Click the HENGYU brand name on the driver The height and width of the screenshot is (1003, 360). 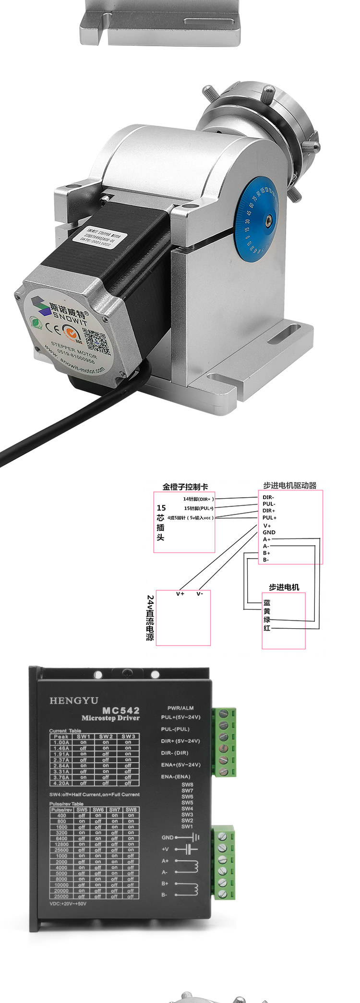tap(73, 701)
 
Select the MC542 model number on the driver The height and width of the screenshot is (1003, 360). tap(121, 710)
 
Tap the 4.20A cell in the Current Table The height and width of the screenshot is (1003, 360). tap(61, 783)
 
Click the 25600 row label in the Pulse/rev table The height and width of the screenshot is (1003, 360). tap(61, 850)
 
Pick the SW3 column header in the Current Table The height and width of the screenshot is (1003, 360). tap(128, 736)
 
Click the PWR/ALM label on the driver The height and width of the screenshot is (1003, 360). tap(180, 708)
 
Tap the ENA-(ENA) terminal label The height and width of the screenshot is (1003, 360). tap(175, 776)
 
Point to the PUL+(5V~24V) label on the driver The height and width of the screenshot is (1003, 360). tap(180, 717)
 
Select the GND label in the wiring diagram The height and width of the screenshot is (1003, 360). tap(269, 532)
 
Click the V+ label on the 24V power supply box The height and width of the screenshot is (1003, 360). tap(180, 594)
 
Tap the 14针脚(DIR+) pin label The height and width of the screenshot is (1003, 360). tap(198, 499)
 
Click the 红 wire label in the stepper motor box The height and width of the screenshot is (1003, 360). tap(267, 628)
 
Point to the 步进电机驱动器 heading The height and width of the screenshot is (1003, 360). tap(290, 485)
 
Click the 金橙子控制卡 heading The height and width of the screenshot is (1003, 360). tap(185, 487)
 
